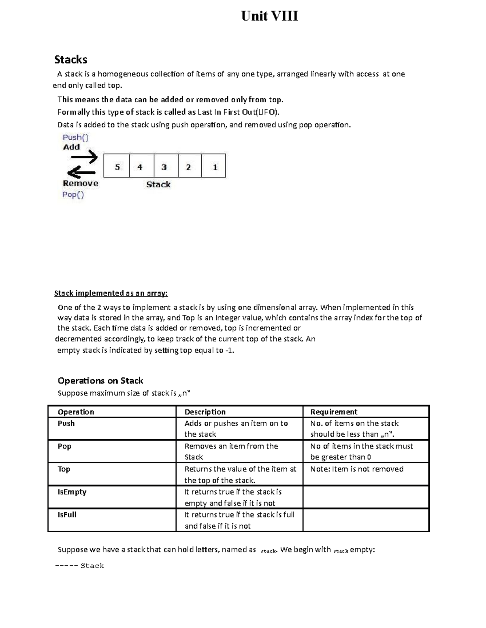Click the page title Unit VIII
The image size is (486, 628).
tap(269, 16)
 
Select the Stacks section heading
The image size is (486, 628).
tap(71, 60)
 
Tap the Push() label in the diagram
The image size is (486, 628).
tap(75, 137)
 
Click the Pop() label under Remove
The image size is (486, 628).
tap(73, 195)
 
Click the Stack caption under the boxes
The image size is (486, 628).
tap(158, 184)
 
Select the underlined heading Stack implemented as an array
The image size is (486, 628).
tap(111, 293)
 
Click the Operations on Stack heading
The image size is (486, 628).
tap(100, 381)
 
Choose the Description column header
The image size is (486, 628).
tap(205, 412)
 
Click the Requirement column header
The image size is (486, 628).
tap(334, 412)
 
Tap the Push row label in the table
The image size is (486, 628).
tap(66, 423)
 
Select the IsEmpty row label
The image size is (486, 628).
tap(72, 492)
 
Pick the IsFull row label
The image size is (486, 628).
tap(67, 515)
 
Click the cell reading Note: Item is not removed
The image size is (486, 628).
tap(357, 469)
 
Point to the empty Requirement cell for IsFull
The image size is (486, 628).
tap(366, 520)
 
